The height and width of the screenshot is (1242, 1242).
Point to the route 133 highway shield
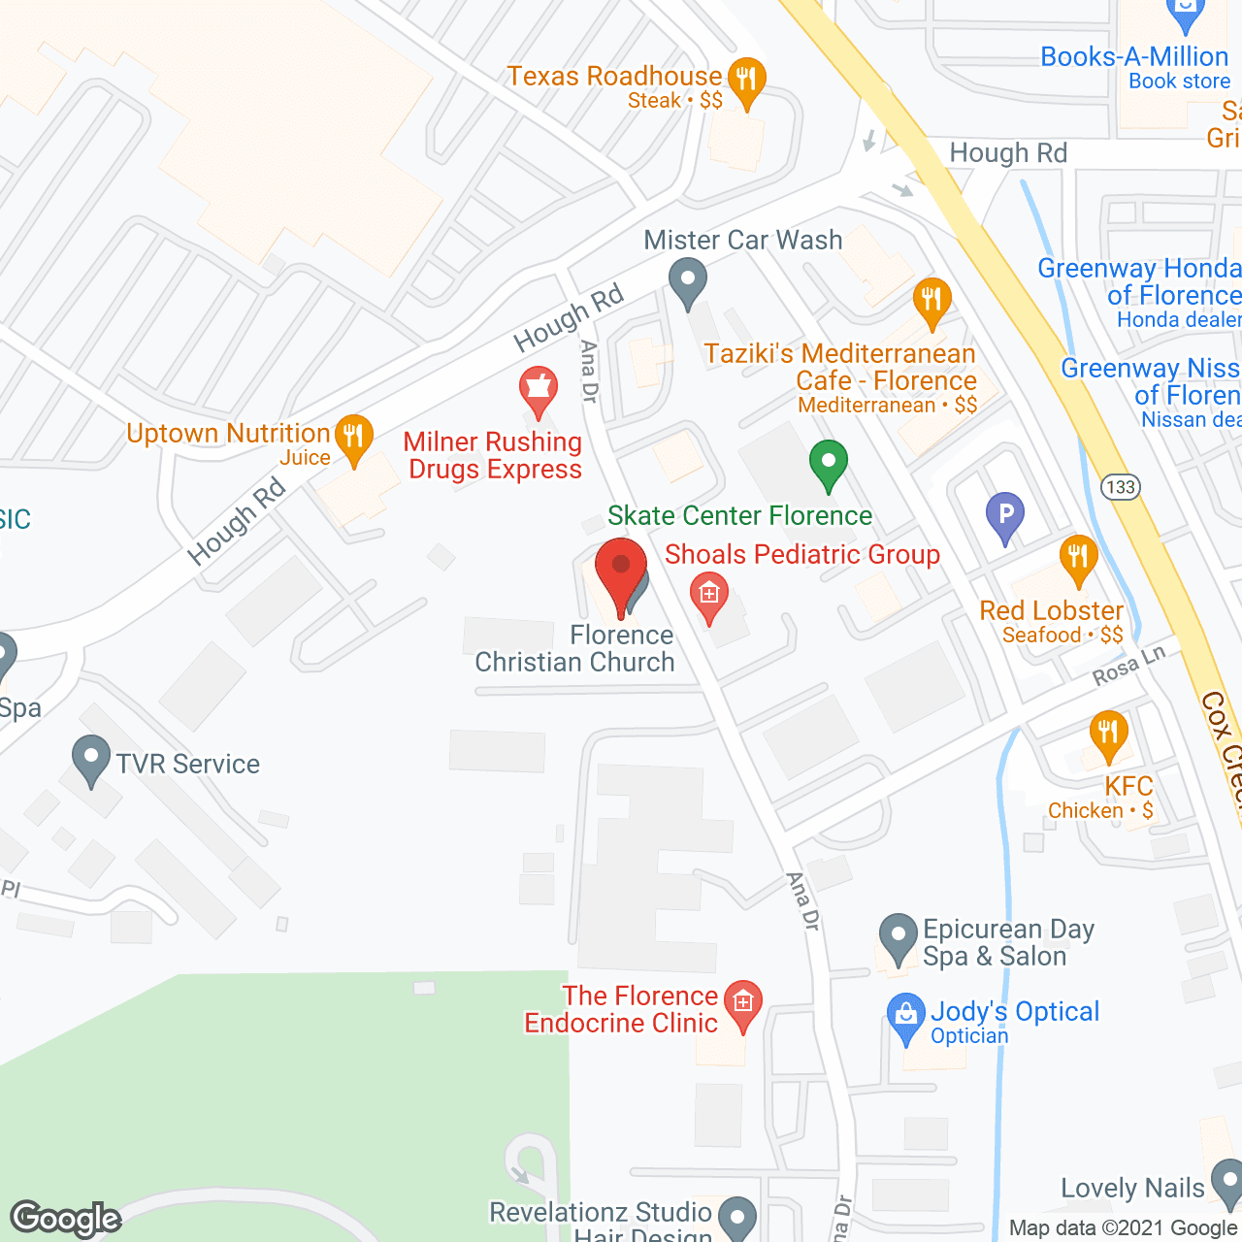[x=1120, y=486]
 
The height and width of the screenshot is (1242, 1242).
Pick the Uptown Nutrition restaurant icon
[x=353, y=438]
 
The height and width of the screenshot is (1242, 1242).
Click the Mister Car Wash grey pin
[x=688, y=282]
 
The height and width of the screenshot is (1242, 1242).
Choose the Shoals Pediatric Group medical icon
[x=708, y=594]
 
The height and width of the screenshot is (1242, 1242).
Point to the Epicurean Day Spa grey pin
[x=898, y=938]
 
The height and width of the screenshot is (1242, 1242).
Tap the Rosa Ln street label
[x=1128, y=668]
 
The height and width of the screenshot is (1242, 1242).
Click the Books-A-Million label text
[x=1134, y=57]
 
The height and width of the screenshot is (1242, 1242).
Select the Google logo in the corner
[x=66, y=1219]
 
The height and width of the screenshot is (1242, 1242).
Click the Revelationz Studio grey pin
[x=737, y=1217]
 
